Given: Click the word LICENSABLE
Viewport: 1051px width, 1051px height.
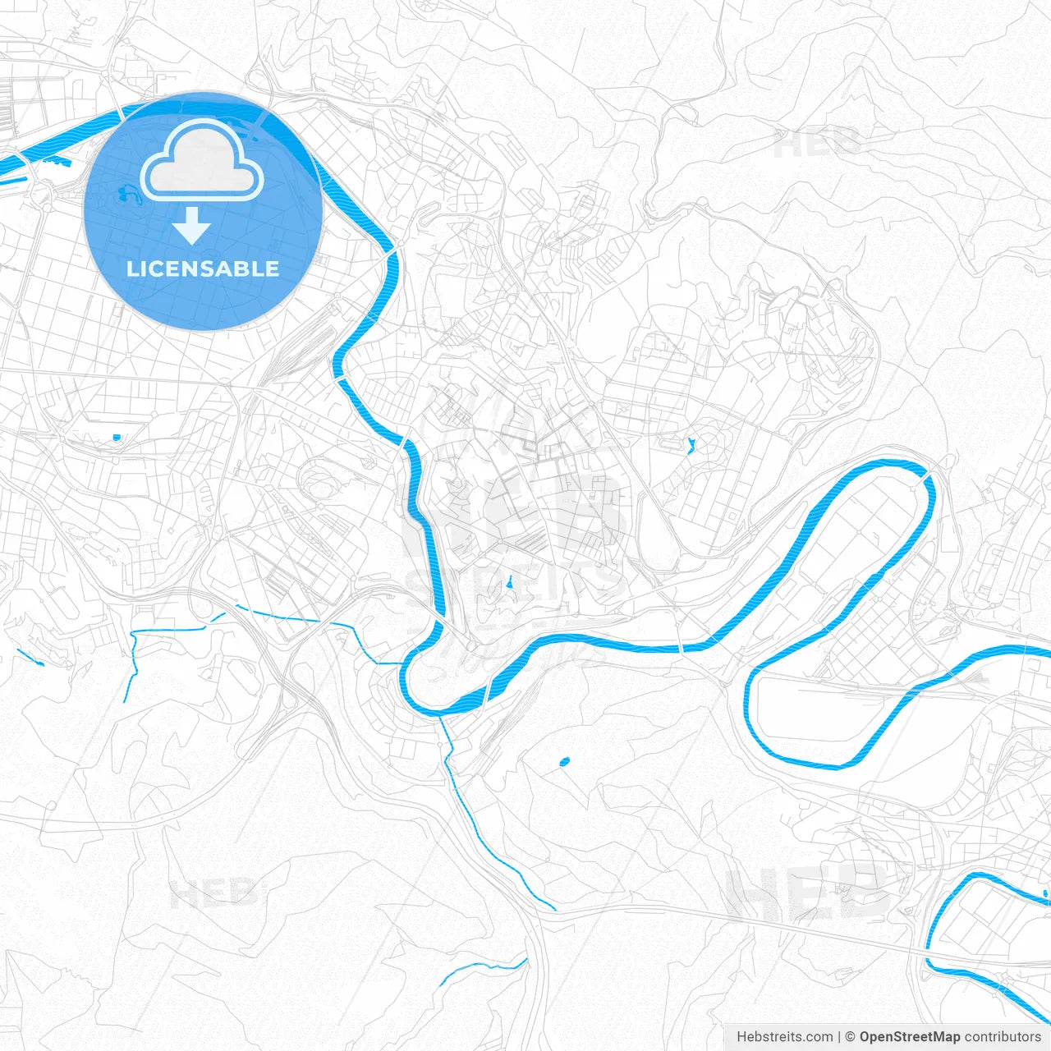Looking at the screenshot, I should (203, 269).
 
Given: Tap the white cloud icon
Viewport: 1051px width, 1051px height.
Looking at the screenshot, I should (202, 162).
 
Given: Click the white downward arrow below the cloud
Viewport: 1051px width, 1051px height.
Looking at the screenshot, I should (191, 227).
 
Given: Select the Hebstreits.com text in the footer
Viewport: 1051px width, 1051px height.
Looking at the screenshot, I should (784, 1037).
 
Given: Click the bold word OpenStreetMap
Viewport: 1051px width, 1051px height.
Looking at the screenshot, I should (909, 1037).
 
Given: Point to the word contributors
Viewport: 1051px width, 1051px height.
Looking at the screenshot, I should (1002, 1037).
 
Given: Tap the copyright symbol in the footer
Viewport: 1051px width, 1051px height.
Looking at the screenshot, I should (851, 1037).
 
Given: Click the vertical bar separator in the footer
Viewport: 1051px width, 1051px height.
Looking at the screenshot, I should (839, 1037).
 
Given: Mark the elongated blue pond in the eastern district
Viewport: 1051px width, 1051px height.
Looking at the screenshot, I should (691, 446).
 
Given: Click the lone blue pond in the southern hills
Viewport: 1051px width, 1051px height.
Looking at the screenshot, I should (564, 763).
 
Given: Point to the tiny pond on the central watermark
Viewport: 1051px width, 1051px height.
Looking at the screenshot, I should (510, 583).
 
